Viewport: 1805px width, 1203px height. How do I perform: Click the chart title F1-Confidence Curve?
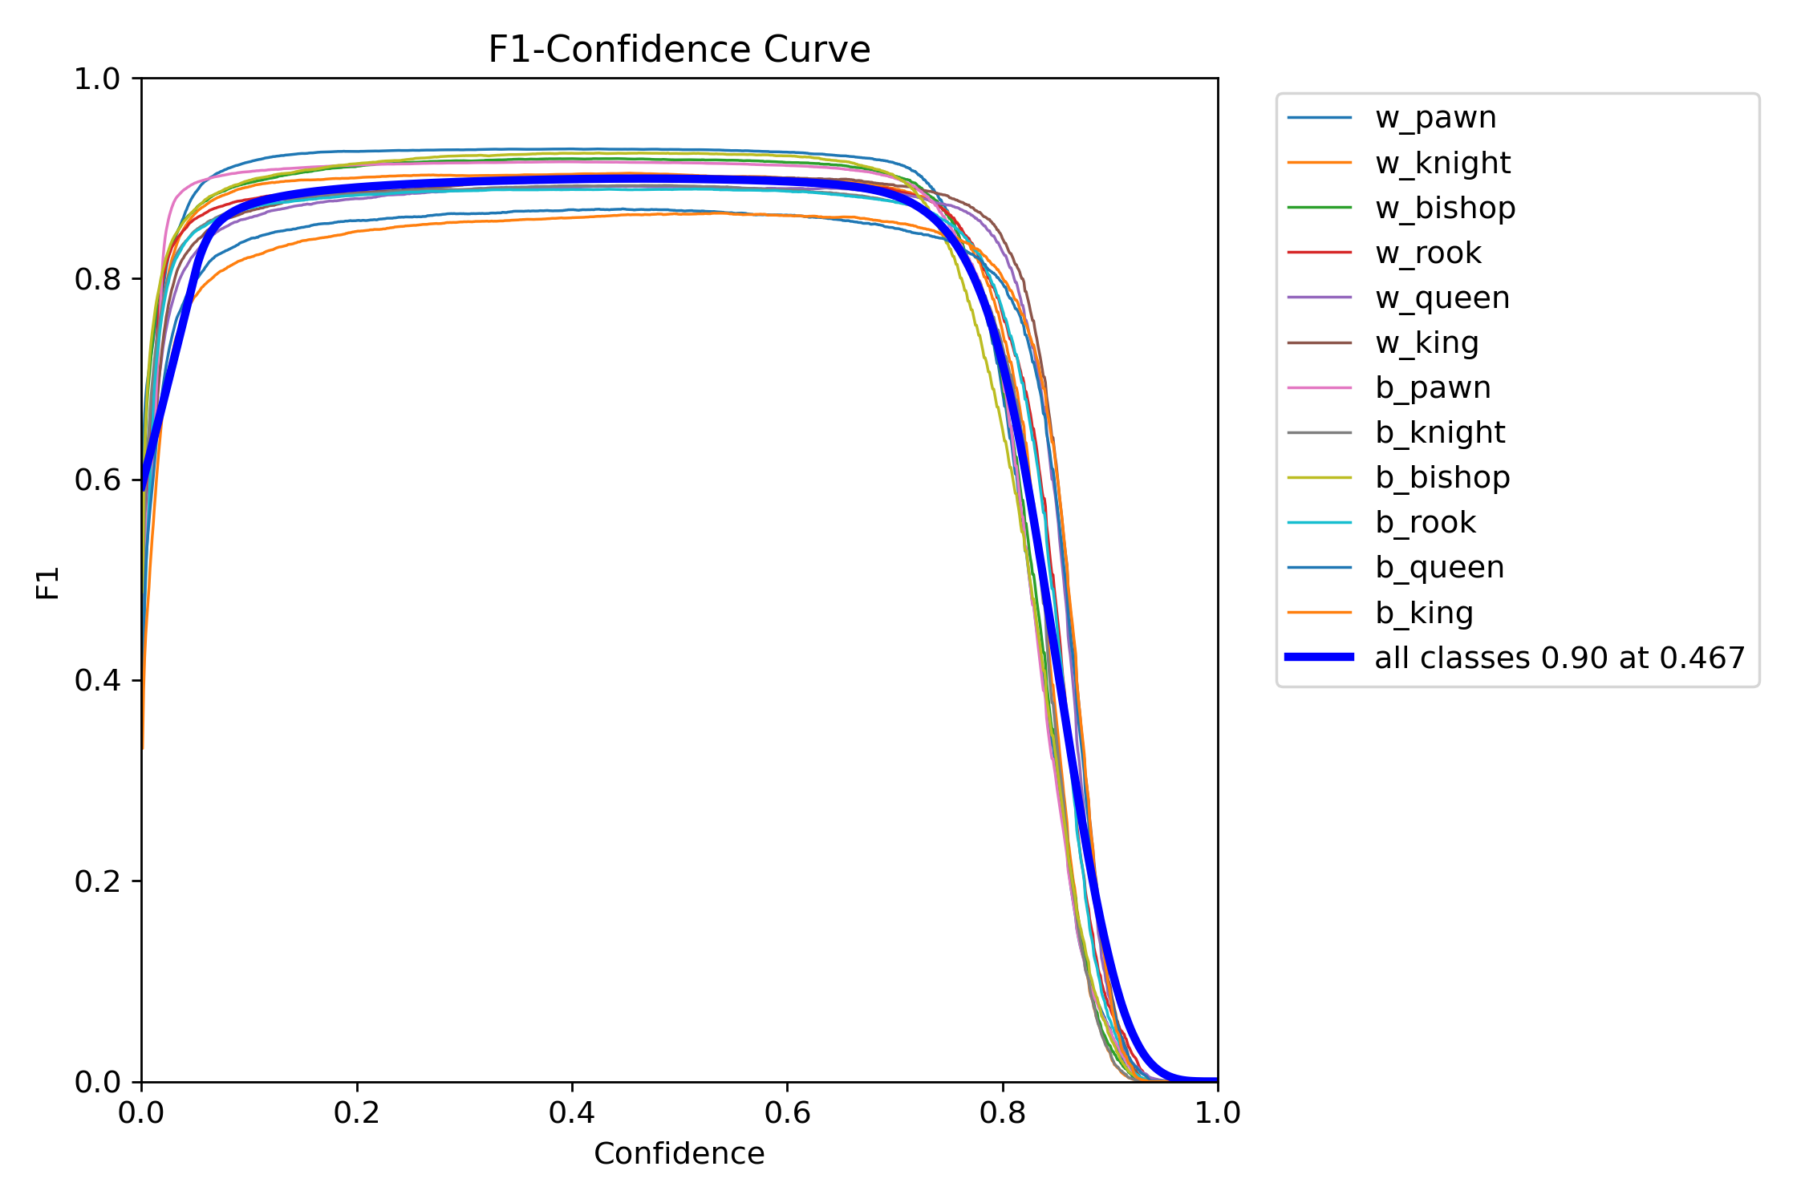click(x=679, y=50)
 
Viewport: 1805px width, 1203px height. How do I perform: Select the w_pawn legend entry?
click(x=1435, y=118)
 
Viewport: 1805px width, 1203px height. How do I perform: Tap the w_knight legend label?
click(x=1442, y=163)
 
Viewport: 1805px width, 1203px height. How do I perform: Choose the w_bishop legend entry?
click(x=1445, y=208)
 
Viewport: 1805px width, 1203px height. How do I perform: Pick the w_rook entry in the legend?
click(x=1428, y=253)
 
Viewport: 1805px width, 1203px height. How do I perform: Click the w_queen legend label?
click(x=1442, y=298)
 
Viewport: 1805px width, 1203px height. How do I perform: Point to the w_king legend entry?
click(x=1426, y=342)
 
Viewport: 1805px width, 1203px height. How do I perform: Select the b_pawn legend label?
click(x=1433, y=387)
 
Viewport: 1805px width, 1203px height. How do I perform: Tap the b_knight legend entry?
click(x=1440, y=432)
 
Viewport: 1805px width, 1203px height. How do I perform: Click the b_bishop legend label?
click(x=1442, y=477)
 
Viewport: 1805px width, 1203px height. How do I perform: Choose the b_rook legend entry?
click(x=1426, y=522)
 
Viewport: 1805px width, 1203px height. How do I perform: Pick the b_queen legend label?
click(x=1439, y=567)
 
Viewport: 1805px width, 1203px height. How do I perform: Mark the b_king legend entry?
click(x=1424, y=613)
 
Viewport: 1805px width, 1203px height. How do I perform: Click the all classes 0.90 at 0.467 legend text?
click(x=1560, y=658)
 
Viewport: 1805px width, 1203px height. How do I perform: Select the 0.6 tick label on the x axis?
click(x=787, y=1112)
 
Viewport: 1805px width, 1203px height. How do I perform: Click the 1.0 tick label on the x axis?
click(x=1217, y=1112)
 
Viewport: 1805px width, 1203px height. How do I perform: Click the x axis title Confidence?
click(x=679, y=1154)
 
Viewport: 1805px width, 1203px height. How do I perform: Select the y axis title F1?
click(x=48, y=583)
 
